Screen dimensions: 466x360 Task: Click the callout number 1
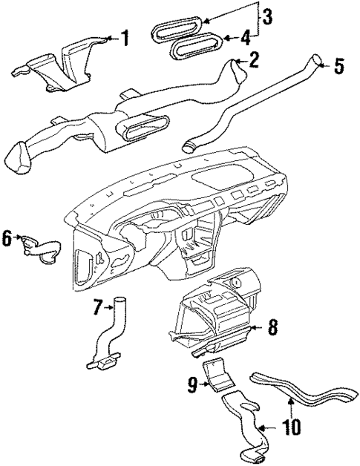125,37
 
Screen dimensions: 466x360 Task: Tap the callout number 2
254,60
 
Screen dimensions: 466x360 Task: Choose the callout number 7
97,305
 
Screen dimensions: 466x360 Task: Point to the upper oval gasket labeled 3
178,28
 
